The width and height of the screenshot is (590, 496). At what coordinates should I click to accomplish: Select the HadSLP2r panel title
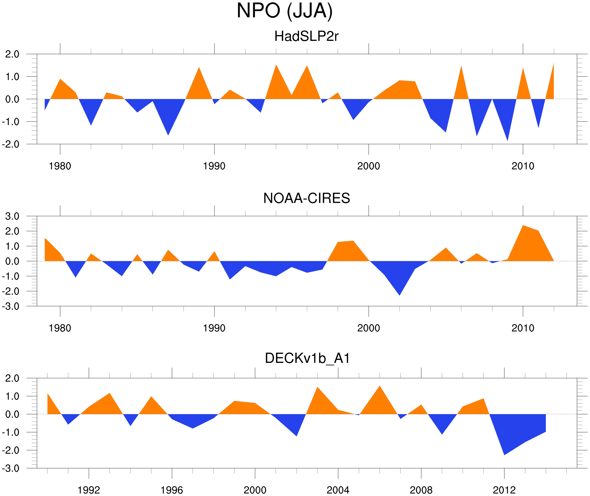pyautogui.click(x=306, y=37)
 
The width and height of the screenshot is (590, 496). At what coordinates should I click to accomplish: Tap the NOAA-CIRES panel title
pyautogui.click(x=306, y=198)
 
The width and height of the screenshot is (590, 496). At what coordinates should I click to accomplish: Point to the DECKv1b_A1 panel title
pyautogui.click(x=307, y=358)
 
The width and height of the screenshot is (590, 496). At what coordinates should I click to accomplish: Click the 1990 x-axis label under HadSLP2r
pyautogui.click(x=214, y=166)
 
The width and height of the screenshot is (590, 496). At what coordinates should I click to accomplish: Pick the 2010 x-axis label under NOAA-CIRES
pyautogui.click(x=523, y=328)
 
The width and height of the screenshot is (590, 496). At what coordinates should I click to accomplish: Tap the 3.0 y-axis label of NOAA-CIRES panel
pyautogui.click(x=12, y=217)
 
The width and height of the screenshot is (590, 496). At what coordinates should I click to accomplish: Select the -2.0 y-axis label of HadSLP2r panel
pyautogui.click(x=11, y=144)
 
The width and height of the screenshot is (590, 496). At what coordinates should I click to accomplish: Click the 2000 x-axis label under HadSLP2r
pyautogui.click(x=368, y=166)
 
